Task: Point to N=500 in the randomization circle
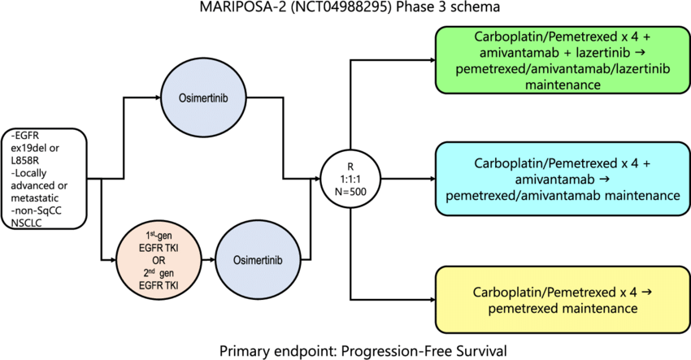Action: [x=351, y=191]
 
